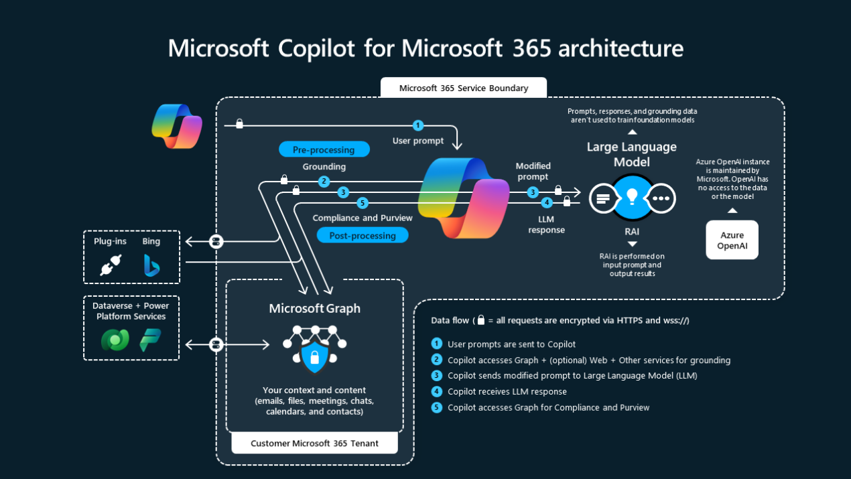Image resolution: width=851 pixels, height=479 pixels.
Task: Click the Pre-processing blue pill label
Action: (x=324, y=149)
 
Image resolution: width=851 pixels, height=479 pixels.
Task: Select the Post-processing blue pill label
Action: (x=363, y=235)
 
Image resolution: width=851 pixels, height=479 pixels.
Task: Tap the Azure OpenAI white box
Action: (x=732, y=240)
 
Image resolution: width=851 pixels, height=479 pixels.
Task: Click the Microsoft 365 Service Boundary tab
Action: (x=463, y=88)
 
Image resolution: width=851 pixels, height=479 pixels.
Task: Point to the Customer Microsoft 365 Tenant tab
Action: (x=314, y=443)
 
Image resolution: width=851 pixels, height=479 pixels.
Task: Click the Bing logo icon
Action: (x=151, y=265)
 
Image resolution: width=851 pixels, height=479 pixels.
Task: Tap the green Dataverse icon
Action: (x=115, y=340)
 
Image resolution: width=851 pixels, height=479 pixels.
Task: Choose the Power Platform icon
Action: (x=150, y=340)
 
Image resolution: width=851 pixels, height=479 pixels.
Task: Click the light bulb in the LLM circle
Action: (x=631, y=197)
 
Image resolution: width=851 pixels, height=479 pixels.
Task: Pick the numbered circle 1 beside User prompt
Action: (x=418, y=125)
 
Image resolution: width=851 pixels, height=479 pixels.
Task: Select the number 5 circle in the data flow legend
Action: (x=437, y=407)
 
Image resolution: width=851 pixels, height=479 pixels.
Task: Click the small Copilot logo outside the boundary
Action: (x=177, y=125)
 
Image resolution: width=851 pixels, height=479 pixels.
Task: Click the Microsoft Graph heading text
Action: (x=314, y=308)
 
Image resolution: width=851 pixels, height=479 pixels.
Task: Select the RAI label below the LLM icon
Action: (x=632, y=231)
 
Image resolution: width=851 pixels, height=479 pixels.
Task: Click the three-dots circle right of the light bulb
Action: (x=661, y=198)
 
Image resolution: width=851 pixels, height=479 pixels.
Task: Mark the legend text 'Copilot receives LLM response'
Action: (x=507, y=391)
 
